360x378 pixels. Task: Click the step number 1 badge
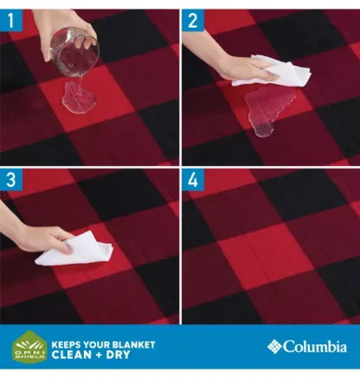click(x=11, y=20)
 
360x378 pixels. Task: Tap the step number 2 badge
click(x=193, y=20)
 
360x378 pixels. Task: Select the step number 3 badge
click(x=11, y=180)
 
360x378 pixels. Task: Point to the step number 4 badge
click(x=193, y=180)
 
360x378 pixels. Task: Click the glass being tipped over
click(x=74, y=52)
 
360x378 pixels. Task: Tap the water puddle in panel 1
click(x=80, y=97)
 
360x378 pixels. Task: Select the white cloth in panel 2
click(x=274, y=72)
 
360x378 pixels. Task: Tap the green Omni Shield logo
click(x=29, y=347)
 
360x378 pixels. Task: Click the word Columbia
click(x=315, y=346)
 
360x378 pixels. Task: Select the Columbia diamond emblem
click(x=274, y=346)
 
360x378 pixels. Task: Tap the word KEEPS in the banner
click(x=63, y=345)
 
